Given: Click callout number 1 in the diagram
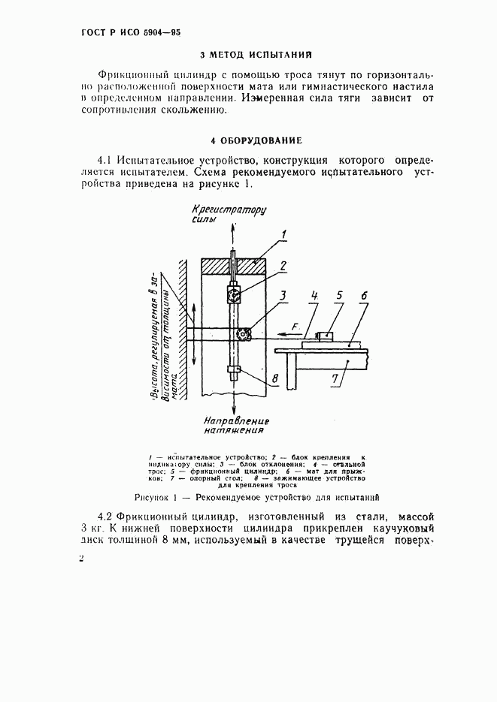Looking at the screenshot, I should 283,236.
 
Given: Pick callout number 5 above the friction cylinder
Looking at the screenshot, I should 339,295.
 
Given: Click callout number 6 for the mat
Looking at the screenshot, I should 365,295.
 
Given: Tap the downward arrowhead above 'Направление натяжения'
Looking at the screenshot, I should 235,405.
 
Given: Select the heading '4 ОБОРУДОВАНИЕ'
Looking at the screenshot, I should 256,140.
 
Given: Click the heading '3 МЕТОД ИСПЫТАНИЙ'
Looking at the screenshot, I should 256,55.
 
